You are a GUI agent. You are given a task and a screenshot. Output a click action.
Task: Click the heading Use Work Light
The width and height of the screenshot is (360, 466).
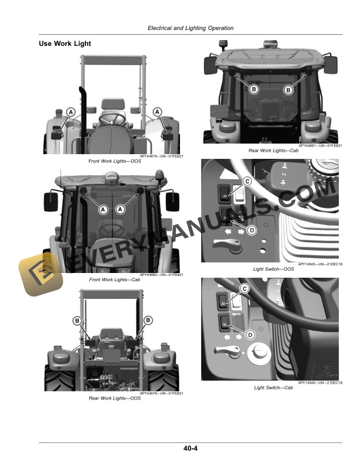(65, 44)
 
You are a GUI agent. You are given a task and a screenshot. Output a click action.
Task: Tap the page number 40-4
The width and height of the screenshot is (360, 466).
(191, 450)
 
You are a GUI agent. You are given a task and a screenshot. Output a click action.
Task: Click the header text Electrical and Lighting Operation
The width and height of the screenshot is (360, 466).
(191, 28)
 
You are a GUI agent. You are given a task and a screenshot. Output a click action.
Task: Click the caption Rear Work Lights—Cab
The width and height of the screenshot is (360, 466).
(272, 151)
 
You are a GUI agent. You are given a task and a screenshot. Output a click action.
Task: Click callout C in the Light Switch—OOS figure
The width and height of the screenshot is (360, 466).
(247, 182)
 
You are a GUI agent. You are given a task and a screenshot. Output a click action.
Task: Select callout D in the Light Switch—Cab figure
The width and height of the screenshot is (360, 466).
(249, 335)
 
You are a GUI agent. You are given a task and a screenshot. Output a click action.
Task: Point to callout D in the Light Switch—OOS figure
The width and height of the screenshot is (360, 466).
(251, 230)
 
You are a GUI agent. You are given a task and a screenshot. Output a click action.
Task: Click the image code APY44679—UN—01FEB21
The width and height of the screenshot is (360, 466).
(162, 157)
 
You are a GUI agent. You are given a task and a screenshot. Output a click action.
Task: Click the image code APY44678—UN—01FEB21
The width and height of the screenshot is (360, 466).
(162, 393)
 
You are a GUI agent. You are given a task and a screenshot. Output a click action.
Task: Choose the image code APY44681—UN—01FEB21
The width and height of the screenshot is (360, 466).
(320, 146)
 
